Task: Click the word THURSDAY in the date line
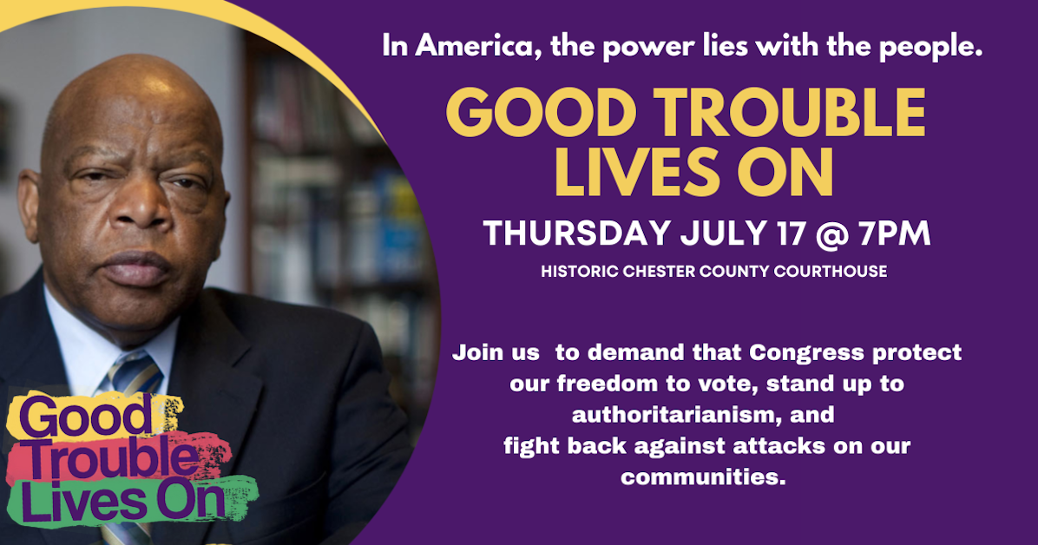click(x=575, y=234)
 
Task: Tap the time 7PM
click(x=893, y=234)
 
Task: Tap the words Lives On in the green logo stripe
click(x=122, y=502)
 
